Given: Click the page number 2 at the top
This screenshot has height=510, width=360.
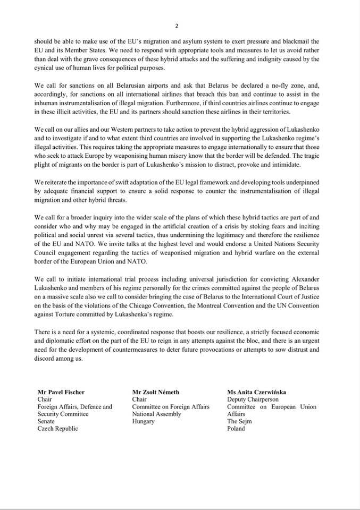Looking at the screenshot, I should pyautogui.click(x=177, y=25).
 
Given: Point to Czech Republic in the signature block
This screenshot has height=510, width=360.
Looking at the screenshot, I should pyautogui.click(x=57, y=429).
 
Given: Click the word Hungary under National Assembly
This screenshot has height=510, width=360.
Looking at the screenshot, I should pyautogui.click(x=143, y=421).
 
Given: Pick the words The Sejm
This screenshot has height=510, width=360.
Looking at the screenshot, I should pyautogui.click(x=239, y=421).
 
